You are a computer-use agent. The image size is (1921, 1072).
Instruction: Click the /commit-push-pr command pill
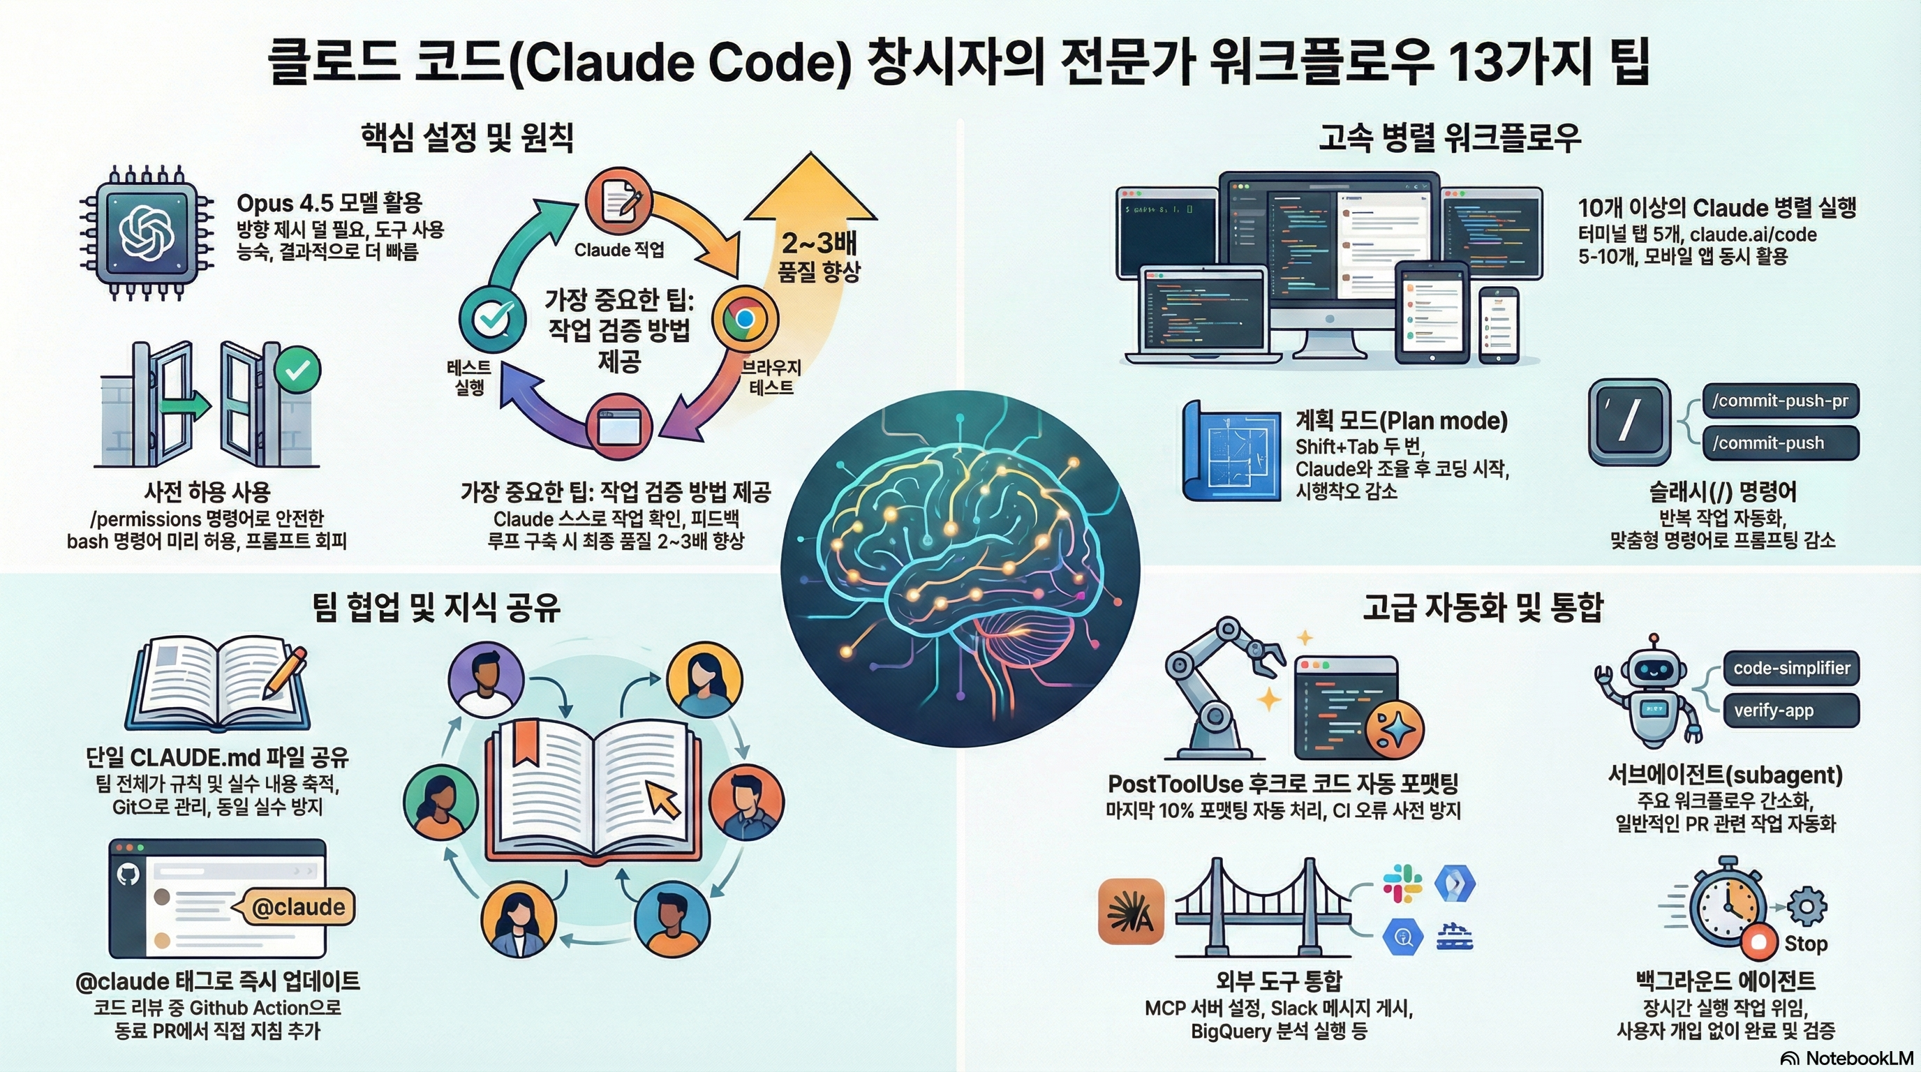(x=1780, y=401)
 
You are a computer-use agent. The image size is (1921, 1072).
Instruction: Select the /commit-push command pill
(x=1780, y=442)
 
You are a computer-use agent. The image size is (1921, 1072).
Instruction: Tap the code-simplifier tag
(x=1791, y=668)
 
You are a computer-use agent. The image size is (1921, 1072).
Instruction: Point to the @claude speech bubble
(x=297, y=907)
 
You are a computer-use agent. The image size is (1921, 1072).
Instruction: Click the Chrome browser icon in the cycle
(x=744, y=319)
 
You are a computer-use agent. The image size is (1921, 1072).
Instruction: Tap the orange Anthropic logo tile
(x=1132, y=911)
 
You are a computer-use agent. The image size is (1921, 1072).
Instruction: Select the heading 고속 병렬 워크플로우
(x=1450, y=137)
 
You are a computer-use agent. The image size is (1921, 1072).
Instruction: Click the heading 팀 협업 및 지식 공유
(x=437, y=608)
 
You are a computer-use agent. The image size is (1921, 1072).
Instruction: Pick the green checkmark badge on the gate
(x=297, y=370)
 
